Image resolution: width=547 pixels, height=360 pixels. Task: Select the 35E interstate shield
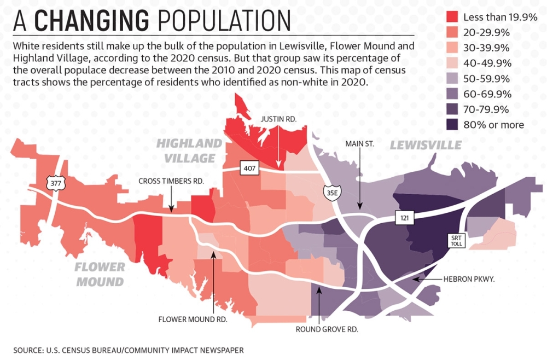pyautogui.click(x=328, y=193)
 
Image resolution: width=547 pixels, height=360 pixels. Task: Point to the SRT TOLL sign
pyautogui.click(x=457, y=240)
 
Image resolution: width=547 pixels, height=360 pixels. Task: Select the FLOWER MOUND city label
pyautogui.click(x=100, y=275)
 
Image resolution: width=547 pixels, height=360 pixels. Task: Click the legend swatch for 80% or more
pyautogui.click(x=451, y=125)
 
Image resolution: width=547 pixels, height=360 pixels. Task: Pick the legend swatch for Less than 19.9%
pyautogui.click(x=451, y=18)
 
